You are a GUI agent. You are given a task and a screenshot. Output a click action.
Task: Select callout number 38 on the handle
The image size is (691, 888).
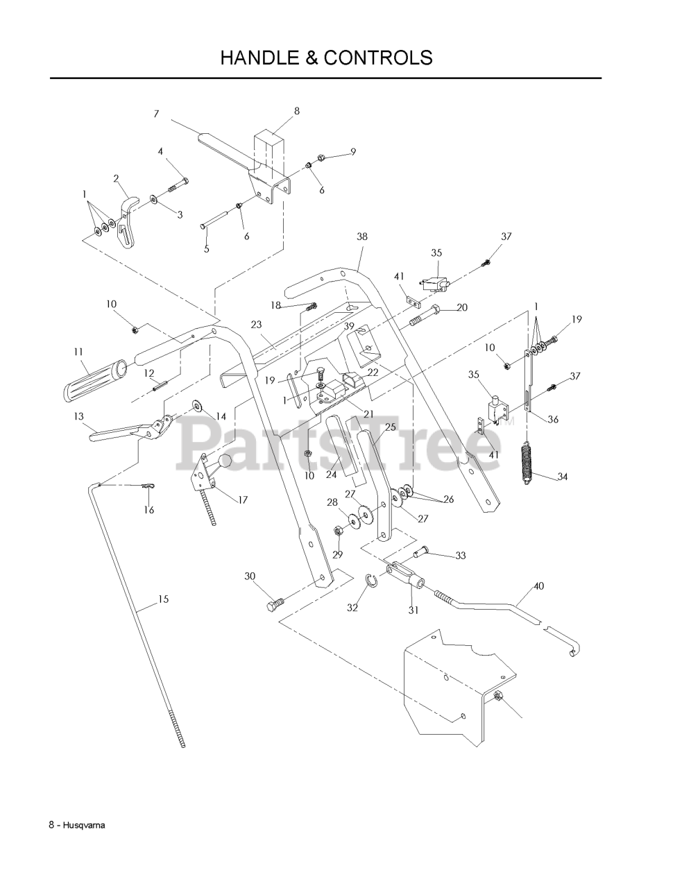[362, 237]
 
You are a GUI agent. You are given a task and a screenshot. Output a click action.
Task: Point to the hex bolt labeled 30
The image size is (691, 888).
[273, 604]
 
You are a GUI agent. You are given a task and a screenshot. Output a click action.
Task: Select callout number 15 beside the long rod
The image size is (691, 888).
[163, 599]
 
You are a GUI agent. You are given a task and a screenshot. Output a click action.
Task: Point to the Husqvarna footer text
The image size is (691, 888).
[77, 826]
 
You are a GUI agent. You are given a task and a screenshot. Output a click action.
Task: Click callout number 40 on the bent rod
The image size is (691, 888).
[538, 586]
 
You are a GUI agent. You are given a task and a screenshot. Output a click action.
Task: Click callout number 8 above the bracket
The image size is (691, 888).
[296, 111]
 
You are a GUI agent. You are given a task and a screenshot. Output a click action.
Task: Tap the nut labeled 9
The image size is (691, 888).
[321, 157]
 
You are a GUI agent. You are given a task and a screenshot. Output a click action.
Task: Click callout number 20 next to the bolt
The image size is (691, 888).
[462, 308]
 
